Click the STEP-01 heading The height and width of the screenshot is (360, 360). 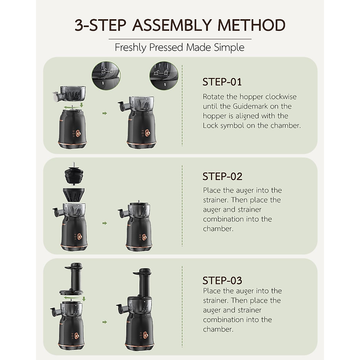pyautogui.click(x=222, y=82)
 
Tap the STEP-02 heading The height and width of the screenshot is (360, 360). pyautogui.click(x=222, y=176)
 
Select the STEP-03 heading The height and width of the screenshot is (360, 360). pyautogui.click(x=222, y=280)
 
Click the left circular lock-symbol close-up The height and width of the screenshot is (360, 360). pyautogui.click(x=106, y=75)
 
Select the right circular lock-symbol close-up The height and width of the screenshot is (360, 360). pyautogui.click(x=164, y=75)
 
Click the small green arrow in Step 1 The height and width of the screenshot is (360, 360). pyautogui.click(x=104, y=113)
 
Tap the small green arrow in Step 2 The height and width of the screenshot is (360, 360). pyautogui.click(x=104, y=223)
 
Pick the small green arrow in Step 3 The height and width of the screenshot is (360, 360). pyautogui.click(x=104, y=322)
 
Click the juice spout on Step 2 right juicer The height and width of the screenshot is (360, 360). pyautogui.click(x=121, y=214)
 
